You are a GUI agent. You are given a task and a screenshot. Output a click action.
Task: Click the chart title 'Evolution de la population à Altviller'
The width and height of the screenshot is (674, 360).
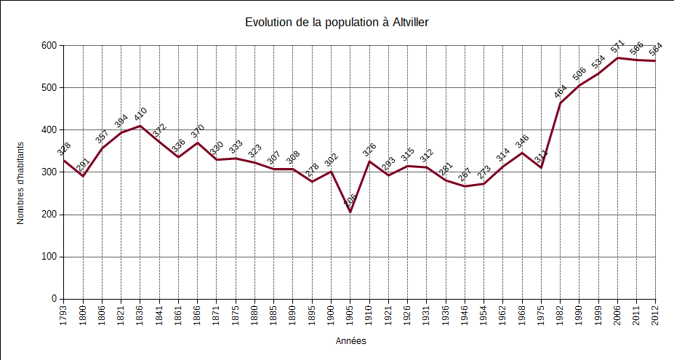click(337, 23)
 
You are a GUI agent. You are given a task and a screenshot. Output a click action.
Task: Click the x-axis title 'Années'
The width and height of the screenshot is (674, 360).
click(351, 340)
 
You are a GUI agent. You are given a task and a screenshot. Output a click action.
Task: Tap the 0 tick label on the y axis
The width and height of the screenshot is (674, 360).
click(53, 299)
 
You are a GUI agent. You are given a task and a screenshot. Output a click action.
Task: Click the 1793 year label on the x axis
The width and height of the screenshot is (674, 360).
click(64, 314)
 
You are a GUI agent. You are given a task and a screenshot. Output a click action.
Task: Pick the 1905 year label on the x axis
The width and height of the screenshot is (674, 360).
click(350, 314)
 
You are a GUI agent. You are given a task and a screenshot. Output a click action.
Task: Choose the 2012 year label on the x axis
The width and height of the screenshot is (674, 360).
click(656, 314)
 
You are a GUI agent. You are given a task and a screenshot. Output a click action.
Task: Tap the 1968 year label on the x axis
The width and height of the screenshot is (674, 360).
click(522, 314)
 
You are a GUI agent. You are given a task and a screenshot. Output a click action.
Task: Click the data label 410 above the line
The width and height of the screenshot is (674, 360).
click(140, 115)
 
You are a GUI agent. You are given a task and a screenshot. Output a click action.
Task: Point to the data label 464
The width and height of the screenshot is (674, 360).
click(561, 92)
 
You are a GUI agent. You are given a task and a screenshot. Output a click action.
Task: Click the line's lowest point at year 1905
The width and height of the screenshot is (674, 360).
click(350, 212)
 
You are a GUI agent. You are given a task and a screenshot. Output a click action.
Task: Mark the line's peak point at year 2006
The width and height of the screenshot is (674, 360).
click(617, 58)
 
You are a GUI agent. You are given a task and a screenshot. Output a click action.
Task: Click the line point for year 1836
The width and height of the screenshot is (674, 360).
click(140, 126)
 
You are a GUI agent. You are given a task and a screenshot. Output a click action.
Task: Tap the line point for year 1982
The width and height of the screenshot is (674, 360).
click(560, 103)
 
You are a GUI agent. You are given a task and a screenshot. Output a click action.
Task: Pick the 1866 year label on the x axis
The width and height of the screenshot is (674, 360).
click(198, 314)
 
